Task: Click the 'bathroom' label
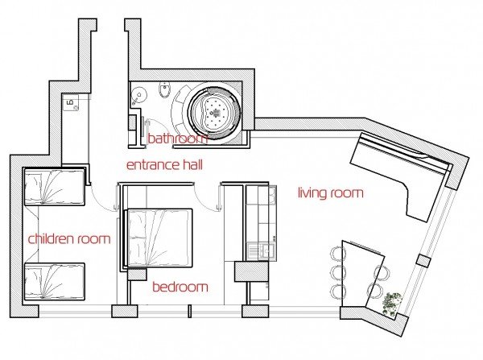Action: coord(178,139)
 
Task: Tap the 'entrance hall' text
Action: coord(164,165)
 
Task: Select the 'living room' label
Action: coord(331,193)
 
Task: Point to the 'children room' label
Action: coord(69,238)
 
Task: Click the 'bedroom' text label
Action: coord(180,287)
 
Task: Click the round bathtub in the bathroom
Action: coord(215,111)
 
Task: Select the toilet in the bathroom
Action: coord(164,90)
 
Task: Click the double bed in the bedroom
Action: coord(159,238)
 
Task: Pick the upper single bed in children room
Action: coord(54,187)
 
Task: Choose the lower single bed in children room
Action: coord(54,281)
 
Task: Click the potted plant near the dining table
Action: coord(392,303)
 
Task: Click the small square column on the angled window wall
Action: coord(423,261)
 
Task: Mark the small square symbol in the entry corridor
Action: coord(71,102)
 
